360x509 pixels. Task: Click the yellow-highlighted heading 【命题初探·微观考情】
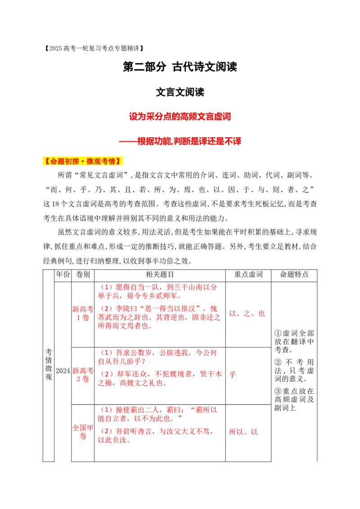pos(83,161)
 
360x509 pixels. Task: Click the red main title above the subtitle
pos(180,117)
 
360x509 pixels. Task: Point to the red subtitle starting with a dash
pos(180,141)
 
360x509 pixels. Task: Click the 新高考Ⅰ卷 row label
pos(82,313)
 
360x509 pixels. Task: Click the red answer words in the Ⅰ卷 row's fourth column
pos(247,314)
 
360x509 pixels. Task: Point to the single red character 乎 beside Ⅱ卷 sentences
pos(233,374)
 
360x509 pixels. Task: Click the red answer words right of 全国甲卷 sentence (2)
pos(243,432)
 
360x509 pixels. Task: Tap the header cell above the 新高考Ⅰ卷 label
pos(82,273)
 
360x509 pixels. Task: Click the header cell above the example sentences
pos(160,273)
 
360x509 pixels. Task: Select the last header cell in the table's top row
pos(295,273)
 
